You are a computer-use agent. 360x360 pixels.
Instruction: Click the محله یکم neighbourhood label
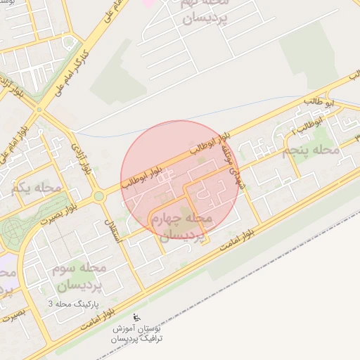coord(37,188)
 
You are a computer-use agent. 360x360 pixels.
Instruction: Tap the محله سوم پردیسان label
coord(78,277)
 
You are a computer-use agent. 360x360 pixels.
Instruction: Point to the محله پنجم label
coord(310,150)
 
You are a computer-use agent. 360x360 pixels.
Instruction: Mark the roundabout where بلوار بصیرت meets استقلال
coord(98,196)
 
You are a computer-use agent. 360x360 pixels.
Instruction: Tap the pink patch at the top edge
coord(148,4)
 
